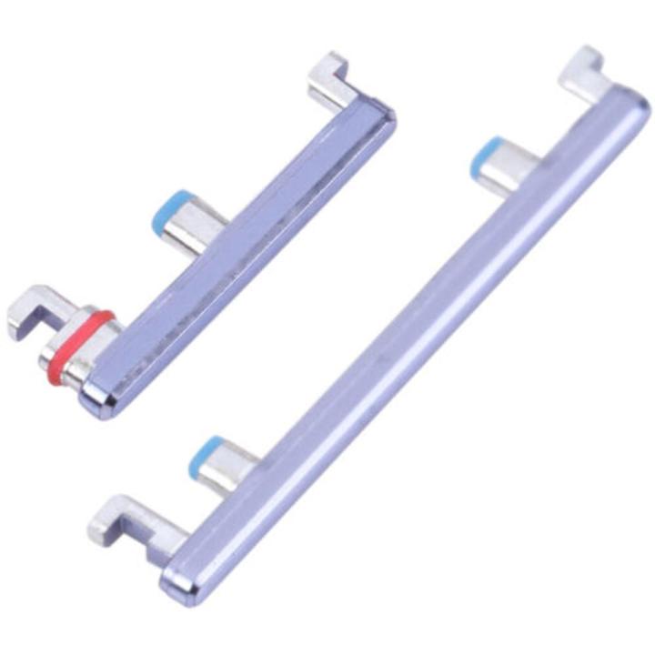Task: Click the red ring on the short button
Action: (80, 347)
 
